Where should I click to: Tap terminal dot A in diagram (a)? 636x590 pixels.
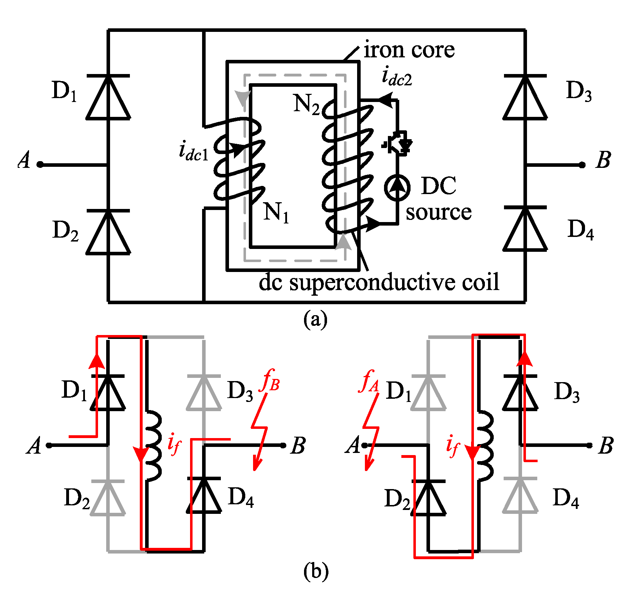40,165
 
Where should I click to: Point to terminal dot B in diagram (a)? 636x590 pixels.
582,165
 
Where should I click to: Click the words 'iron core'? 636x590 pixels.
409,50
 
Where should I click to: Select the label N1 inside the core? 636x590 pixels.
276,212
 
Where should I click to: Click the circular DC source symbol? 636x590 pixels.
397,187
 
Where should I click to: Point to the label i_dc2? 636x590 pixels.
397,78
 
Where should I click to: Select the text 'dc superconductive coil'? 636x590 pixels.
379,282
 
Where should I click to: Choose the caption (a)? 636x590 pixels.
315,319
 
